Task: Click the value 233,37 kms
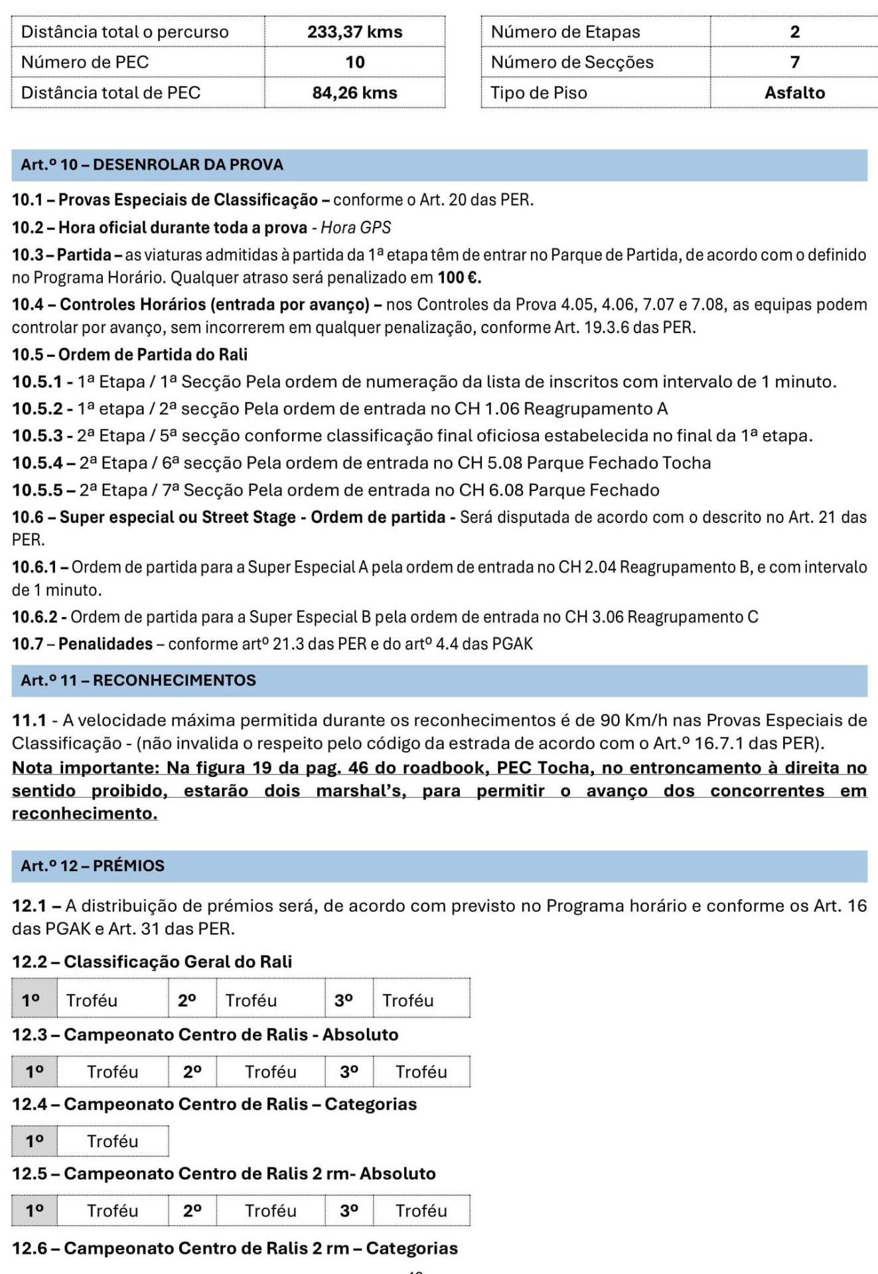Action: [354, 32]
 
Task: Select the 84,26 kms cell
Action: [354, 93]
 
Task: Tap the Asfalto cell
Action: [794, 93]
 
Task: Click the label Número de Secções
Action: [572, 62]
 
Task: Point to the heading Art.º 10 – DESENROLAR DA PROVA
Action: [152, 165]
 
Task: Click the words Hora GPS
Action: [356, 228]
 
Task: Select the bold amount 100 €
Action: [459, 277]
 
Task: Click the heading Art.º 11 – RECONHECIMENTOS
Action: [138, 681]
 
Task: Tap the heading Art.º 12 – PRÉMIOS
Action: [92, 866]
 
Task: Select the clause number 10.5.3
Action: [37, 436]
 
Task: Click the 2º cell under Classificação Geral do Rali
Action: [187, 1001]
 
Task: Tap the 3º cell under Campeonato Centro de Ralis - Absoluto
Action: [349, 1072]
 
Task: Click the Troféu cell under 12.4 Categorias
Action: [112, 1141]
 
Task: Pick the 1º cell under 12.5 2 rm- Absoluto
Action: [35, 1211]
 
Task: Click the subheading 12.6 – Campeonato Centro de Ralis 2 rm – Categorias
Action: [235, 1248]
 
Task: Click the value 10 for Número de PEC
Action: [354, 62]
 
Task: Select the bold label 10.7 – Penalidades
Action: [82, 644]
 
